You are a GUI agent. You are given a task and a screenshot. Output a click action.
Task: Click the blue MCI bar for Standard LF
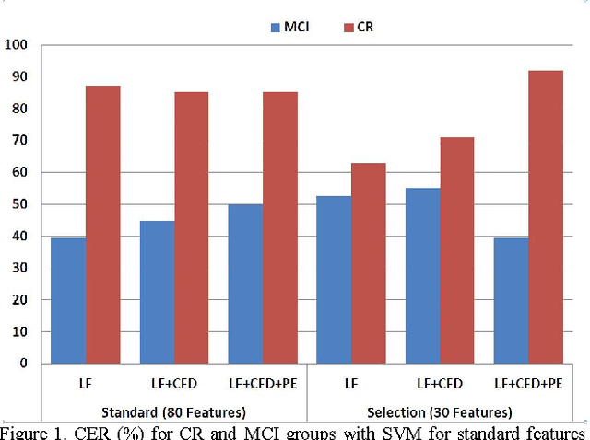coord(68,300)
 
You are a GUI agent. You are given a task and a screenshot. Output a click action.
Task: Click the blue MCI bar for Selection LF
coord(335,279)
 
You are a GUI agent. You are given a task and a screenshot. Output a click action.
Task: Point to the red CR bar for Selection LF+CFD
coord(457,250)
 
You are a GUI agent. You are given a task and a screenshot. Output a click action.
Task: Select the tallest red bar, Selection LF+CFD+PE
coord(546,216)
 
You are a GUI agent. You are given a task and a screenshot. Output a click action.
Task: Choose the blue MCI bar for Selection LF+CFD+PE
coord(512,300)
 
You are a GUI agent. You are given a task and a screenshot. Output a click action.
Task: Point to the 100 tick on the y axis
coord(16,45)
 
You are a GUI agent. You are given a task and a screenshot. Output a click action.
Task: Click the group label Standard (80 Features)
coord(172,412)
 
